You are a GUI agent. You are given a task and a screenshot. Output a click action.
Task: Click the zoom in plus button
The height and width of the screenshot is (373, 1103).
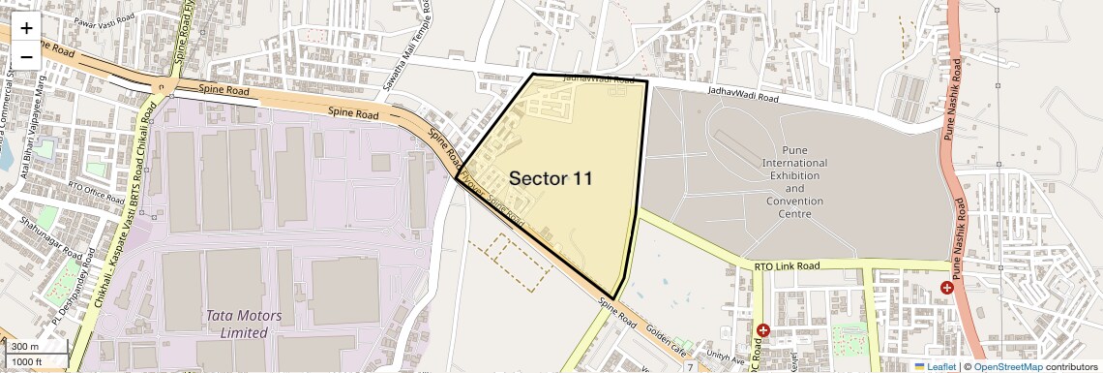26,28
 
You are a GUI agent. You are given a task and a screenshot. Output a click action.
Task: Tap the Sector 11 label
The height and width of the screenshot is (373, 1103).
551,178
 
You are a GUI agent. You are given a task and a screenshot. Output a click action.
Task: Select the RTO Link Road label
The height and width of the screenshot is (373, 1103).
787,265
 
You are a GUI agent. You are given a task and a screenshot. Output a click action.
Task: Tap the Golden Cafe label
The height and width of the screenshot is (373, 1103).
664,333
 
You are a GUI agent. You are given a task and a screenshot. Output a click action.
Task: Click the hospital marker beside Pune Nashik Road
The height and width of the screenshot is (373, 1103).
946,288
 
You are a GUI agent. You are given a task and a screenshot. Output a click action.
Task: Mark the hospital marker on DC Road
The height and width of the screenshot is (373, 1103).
763,331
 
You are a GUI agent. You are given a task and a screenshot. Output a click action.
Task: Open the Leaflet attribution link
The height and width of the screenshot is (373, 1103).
936,367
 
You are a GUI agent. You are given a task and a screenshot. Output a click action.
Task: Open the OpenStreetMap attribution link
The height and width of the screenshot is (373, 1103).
1007,367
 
